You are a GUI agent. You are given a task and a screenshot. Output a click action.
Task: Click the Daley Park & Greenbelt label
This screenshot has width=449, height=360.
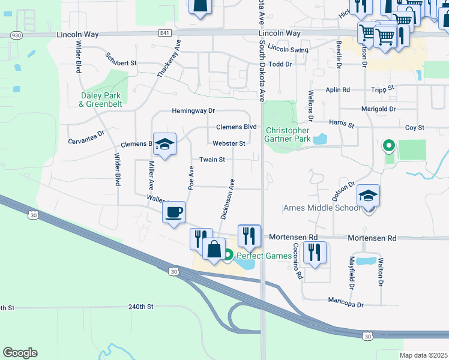[x=100, y=100]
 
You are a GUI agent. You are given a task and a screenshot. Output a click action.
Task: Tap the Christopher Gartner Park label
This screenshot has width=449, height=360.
[x=288, y=134]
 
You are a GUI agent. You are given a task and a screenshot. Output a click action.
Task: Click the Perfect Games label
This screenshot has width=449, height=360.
[x=264, y=256]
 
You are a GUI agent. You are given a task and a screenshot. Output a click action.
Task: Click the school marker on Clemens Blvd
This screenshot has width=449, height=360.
[x=164, y=145]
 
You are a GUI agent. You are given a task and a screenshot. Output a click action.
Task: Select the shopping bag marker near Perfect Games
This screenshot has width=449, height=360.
[x=214, y=248]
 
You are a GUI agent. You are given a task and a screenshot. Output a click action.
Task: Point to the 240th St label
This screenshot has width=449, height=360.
[x=140, y=306]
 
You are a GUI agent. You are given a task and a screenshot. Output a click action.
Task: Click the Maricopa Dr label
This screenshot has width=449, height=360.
[x=346, y=305]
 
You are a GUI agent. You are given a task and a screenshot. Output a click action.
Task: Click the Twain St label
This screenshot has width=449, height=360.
[x=212, y=160]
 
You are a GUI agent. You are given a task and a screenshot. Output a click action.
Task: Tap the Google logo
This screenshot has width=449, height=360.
[x=20, y=353]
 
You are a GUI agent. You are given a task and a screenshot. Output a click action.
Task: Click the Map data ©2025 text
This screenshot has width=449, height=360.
[x=424, y=355]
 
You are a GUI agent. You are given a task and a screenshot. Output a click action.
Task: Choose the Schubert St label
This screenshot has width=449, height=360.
[x=121, y=61]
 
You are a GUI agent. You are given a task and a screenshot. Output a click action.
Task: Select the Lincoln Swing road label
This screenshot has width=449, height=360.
[x=288, y=49]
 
